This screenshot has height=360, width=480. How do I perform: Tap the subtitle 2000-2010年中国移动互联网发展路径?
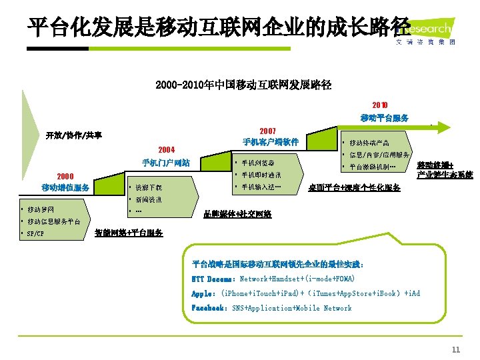pos(243,85)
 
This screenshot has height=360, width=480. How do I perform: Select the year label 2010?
pos(379,105)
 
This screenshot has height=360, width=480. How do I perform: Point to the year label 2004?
pos(166,149)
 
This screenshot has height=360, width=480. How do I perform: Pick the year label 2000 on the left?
pos(65,175)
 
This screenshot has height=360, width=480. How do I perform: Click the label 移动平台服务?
pos(385,118)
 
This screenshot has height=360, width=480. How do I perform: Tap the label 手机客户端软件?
pos(270,142)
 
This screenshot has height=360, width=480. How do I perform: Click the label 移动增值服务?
pos(65,187)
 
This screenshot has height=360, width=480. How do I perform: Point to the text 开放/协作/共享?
pos(74,135)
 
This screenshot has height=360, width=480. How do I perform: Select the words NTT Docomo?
pos(212,279)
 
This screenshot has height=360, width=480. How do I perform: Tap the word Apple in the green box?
pos(203,293)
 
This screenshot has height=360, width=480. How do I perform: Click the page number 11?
pos(456,350)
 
